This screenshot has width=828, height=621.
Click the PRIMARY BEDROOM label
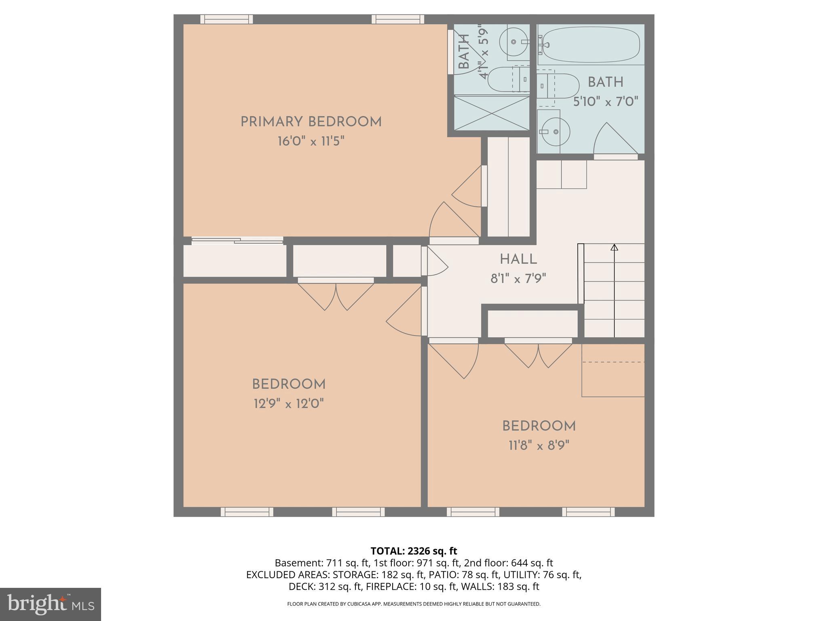tap(311, 122)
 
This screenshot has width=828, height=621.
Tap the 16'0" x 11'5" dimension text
tap(311, 142)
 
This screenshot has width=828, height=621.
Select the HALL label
tap(518, 259)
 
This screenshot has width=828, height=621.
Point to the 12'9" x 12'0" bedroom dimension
tap(289, 403)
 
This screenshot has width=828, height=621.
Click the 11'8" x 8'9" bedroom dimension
tap(539, 446)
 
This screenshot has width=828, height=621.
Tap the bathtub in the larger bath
tap(591, 45)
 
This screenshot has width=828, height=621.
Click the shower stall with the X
tap(492, 113)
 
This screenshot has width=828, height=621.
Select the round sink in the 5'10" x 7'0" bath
tap(555, 131)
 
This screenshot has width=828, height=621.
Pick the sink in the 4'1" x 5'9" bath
tap(514, 42)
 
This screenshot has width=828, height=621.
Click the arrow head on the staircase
tap(614, 247)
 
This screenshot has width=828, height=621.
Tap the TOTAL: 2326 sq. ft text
tap(414, 551)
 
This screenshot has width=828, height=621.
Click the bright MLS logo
tap(50, 604)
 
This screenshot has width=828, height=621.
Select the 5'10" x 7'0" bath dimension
tap(606, 101)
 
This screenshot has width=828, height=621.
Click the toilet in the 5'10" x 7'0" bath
tap(558, 86)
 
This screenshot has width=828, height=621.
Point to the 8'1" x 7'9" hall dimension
tap(518, 279)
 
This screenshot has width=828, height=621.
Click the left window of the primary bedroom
tap(226, 19)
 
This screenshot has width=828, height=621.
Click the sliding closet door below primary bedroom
tap(237, 241)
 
